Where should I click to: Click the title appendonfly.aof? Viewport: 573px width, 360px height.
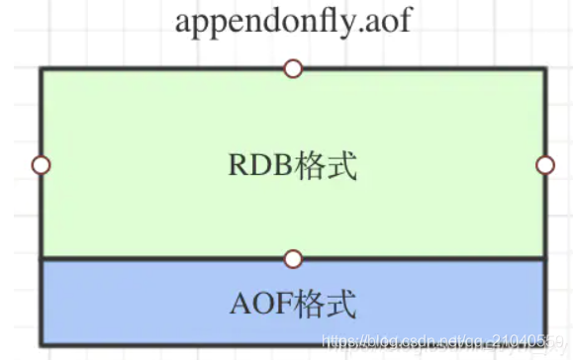click(x=292, y=21)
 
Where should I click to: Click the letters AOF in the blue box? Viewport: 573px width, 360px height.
click(x=263, y=302)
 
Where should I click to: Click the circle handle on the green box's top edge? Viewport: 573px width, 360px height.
click(x=292, y=69)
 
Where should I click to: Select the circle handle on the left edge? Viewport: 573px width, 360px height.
click(x=41, y=165)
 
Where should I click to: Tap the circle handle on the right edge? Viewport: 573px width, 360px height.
click(x=544, y=165)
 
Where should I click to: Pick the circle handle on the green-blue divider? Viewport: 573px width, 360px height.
click(x=292, y=259)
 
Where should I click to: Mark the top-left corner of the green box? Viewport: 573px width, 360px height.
click(x=42, y=70)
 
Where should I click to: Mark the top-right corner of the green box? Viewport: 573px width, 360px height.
click(x=543, y=70)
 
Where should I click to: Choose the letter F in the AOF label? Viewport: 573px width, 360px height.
click(x=286, y=302)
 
